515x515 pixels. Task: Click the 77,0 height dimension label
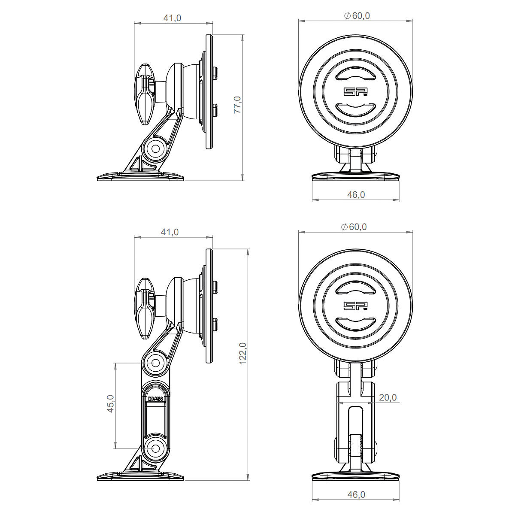(238, 105)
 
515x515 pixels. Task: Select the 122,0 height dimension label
(243, 353)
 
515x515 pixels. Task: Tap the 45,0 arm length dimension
(111, 403)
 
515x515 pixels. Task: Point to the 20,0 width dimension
(388, 397)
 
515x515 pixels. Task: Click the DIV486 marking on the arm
(155, 399)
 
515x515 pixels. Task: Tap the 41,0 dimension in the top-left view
(173, 18)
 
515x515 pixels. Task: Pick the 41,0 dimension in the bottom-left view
(170, 232)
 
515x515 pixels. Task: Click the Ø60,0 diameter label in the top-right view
(357, 16)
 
